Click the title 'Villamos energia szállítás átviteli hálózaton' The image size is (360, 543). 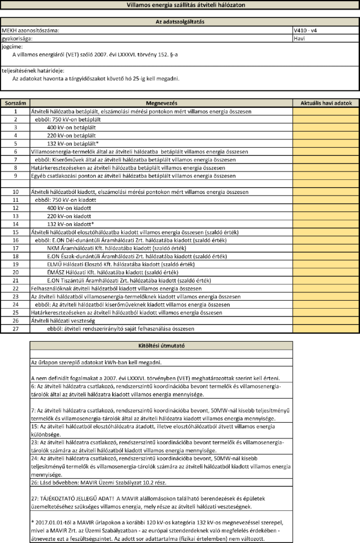[180, 4]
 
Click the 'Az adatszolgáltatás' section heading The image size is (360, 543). [180, 21]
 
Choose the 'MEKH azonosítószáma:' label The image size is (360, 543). [30, 29]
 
